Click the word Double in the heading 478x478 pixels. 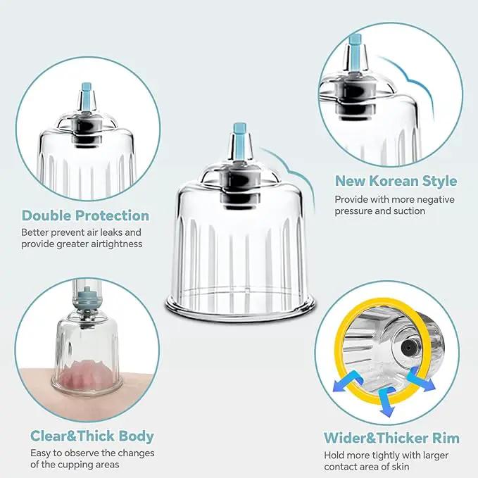pos(47,215)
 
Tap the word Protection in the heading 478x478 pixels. pos(113,215)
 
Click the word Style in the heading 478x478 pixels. pos(439,182)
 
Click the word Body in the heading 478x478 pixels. pos(136,436)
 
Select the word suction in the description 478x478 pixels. pos(409,211)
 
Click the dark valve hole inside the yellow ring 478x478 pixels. pos(407,347)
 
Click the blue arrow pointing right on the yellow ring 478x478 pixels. pos(421,379)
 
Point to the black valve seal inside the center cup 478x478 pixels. pos(240,189)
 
